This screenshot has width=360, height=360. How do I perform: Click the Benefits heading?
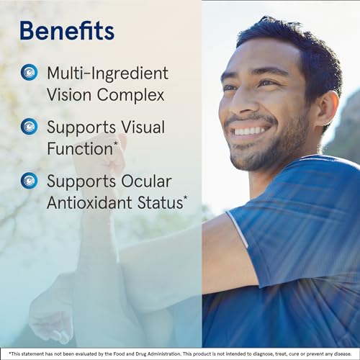point(66,31)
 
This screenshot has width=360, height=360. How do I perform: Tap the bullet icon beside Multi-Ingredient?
point(29,72)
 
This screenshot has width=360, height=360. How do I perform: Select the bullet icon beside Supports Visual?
point(29,127)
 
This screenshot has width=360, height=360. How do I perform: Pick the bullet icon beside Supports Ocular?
point(29,180)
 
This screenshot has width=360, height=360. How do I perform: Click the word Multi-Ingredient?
point(107,73)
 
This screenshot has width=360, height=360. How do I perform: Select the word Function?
point(78,149)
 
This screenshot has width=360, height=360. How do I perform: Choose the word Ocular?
point(147,181)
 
